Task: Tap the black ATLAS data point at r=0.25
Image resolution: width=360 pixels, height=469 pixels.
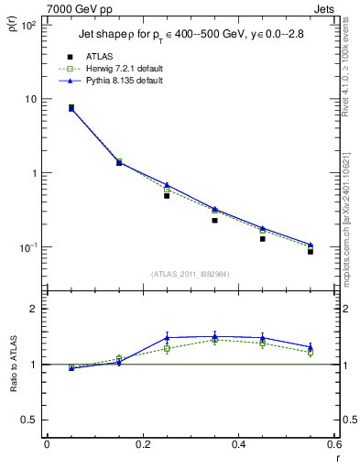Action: coord(167,196)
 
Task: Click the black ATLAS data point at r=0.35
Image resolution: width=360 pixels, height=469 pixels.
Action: coord(214,220)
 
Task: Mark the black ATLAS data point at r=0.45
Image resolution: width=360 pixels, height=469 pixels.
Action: coord(263,238)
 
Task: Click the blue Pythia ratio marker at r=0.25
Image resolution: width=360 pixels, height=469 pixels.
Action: coord(167,337)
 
